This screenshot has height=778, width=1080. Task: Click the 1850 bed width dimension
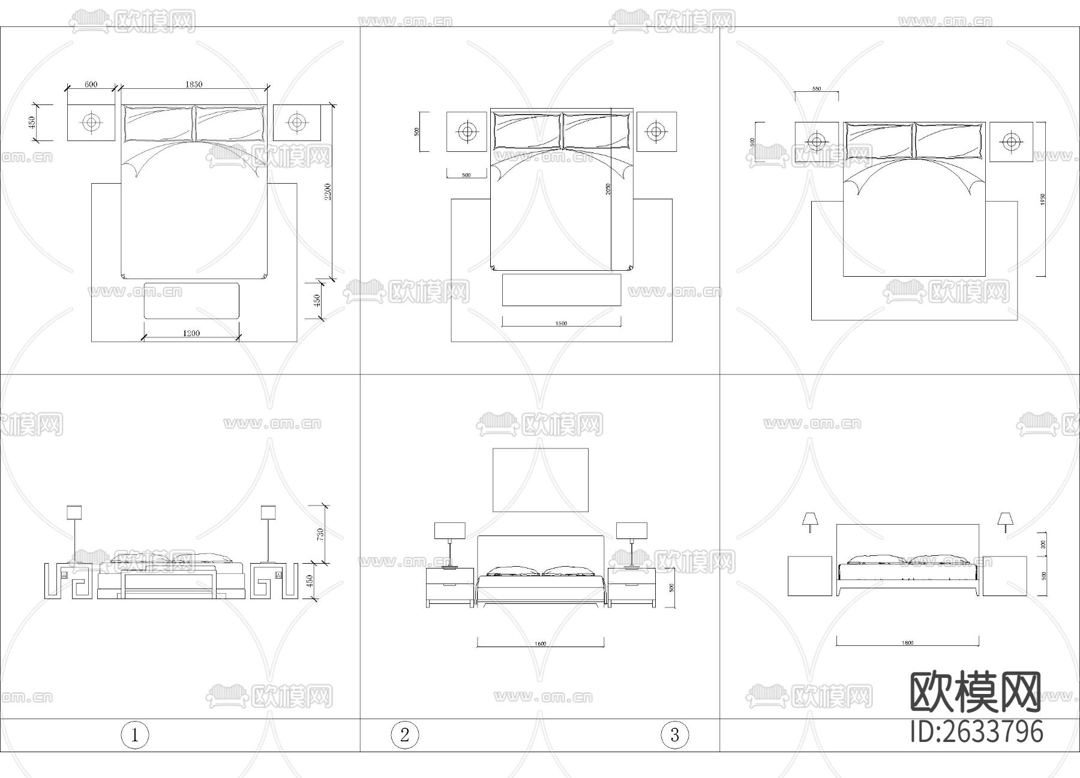[193, 85]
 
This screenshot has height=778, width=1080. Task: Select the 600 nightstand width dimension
[91, 85]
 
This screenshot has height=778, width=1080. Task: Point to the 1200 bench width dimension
[191, 333]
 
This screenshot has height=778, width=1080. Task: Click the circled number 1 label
[134, 735]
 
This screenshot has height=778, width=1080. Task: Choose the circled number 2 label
[404, 735]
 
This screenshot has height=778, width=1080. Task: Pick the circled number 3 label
[674, 735]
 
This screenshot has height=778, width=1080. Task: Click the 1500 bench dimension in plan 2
[561, 324]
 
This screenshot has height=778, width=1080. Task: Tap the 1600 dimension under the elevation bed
[540, 644]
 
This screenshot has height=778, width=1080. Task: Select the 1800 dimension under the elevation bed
[907, 643]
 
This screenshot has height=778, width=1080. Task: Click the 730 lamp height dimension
[320, 534]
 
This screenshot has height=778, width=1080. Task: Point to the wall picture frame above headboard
[540, 480]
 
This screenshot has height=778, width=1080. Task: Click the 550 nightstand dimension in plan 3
[817, 89]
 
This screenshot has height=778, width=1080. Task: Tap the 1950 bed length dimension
[1043, 199]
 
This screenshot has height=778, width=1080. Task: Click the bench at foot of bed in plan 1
[191, 301]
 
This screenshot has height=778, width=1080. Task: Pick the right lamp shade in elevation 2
[632, 530]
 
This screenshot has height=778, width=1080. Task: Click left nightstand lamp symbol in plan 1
[91, 122]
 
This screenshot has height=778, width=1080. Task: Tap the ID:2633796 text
[977, 732]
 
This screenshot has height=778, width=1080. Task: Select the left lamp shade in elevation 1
[74, 512]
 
